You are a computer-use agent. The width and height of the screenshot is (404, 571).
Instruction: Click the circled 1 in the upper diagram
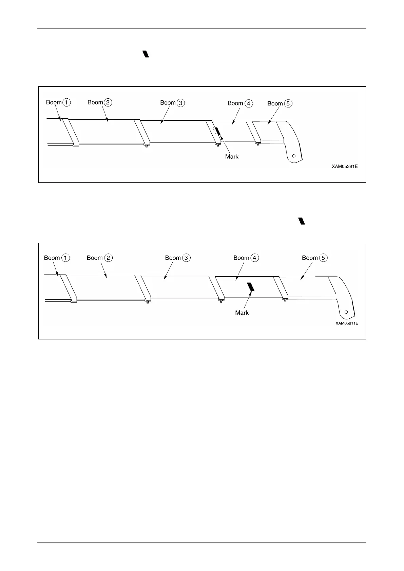click(x=67, y=102)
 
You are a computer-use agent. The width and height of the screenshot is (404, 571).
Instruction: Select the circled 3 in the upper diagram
click(x=181, y=103)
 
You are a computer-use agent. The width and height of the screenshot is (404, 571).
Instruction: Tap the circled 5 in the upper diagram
click(x=288, y=103)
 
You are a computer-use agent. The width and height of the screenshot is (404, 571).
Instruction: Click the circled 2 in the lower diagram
click(x=108, y=258)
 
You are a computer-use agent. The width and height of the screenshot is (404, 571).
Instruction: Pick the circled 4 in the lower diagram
click(x=255, y=258)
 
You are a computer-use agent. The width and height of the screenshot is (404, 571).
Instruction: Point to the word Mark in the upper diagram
click(x=232, y=157)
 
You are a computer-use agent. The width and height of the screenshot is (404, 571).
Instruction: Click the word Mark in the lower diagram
click(x=242, y=313)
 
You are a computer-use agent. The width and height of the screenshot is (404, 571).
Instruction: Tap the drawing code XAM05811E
click(x=347, y=323)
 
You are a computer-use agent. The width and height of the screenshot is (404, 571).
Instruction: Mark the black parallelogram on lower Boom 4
click(x=251, y=287)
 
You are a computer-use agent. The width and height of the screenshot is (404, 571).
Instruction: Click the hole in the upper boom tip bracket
click(x=294, y=155)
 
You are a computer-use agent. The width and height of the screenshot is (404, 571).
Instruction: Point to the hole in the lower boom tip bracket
click(x=346, y=312)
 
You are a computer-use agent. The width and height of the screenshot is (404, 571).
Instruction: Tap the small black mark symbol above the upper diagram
click(x=146, y=54)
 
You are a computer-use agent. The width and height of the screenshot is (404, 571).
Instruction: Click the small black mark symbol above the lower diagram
click(x=302, y=221)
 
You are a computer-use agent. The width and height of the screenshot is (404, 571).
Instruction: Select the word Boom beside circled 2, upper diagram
click(x=95, y=102)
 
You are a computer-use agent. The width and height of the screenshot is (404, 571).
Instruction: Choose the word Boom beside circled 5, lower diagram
click(x=310, y=258)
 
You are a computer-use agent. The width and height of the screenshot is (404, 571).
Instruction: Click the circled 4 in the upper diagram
click(x=249, y=103)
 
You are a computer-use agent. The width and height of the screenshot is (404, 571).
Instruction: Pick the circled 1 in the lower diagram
click(x=65, y=258)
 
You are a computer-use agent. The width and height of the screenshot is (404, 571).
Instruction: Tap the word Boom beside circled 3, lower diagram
click(x=173, y=258)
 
